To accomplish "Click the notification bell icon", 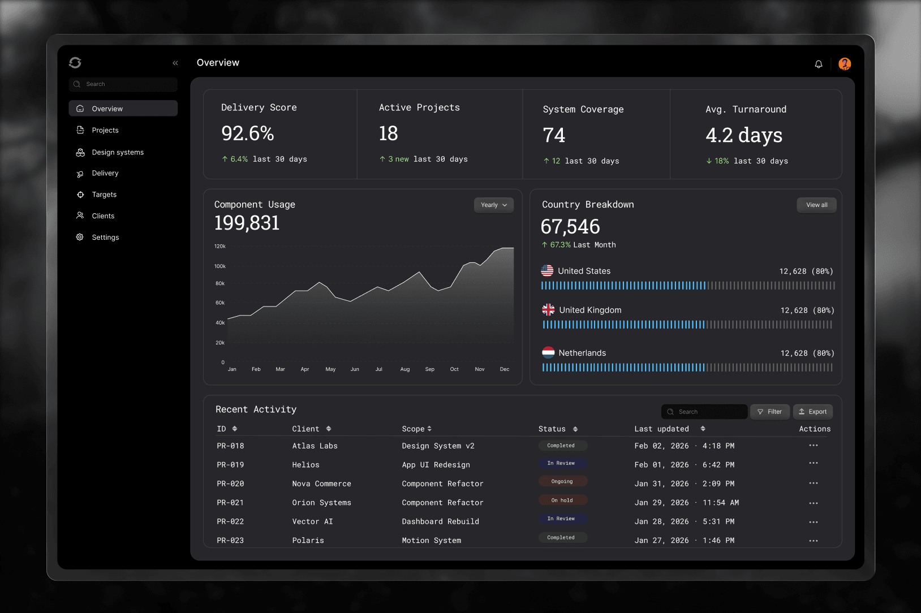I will [x=818, y=64].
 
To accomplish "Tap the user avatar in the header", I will [x=844, y=64].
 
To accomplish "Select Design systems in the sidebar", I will [x=118, y=152].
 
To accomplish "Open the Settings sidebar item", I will [x=105, y=238].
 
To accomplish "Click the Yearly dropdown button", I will [x=493, y=205].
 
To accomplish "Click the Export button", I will [x=812, y=412].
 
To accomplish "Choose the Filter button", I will [x=769, y=412].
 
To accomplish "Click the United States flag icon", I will [x=547, y=271].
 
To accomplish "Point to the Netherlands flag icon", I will [x=548, y=353].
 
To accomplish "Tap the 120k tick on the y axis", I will [x=220, y=247].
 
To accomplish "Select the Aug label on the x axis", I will [x=405, y=369].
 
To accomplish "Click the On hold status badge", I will [x=562, y=500].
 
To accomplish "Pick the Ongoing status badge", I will [x=562, y=482].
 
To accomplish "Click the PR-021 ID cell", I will [x=230, y=503].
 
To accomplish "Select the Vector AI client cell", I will [x=312, y=521].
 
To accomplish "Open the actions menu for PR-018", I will [x=814, y=446].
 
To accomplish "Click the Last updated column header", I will [x=661, y=429].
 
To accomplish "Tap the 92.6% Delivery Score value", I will [x=248, y=134].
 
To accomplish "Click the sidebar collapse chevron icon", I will [x=175, y=63].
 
